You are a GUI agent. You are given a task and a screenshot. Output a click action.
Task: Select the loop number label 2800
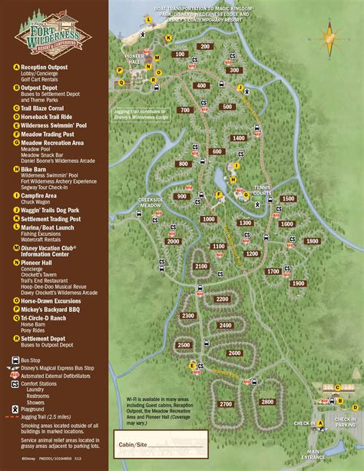pos(266,402)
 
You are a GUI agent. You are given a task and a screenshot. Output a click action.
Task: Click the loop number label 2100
pos(201,266)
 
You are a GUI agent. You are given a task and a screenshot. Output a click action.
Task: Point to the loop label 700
pos(184,110)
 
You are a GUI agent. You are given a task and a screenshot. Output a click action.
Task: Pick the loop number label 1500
pos(288,199)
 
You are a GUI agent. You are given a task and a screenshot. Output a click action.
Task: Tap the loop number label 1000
pos(208,219)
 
